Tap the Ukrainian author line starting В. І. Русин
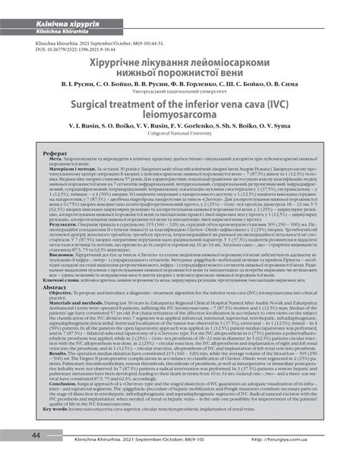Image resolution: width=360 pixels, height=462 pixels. [x=180, y=98]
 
